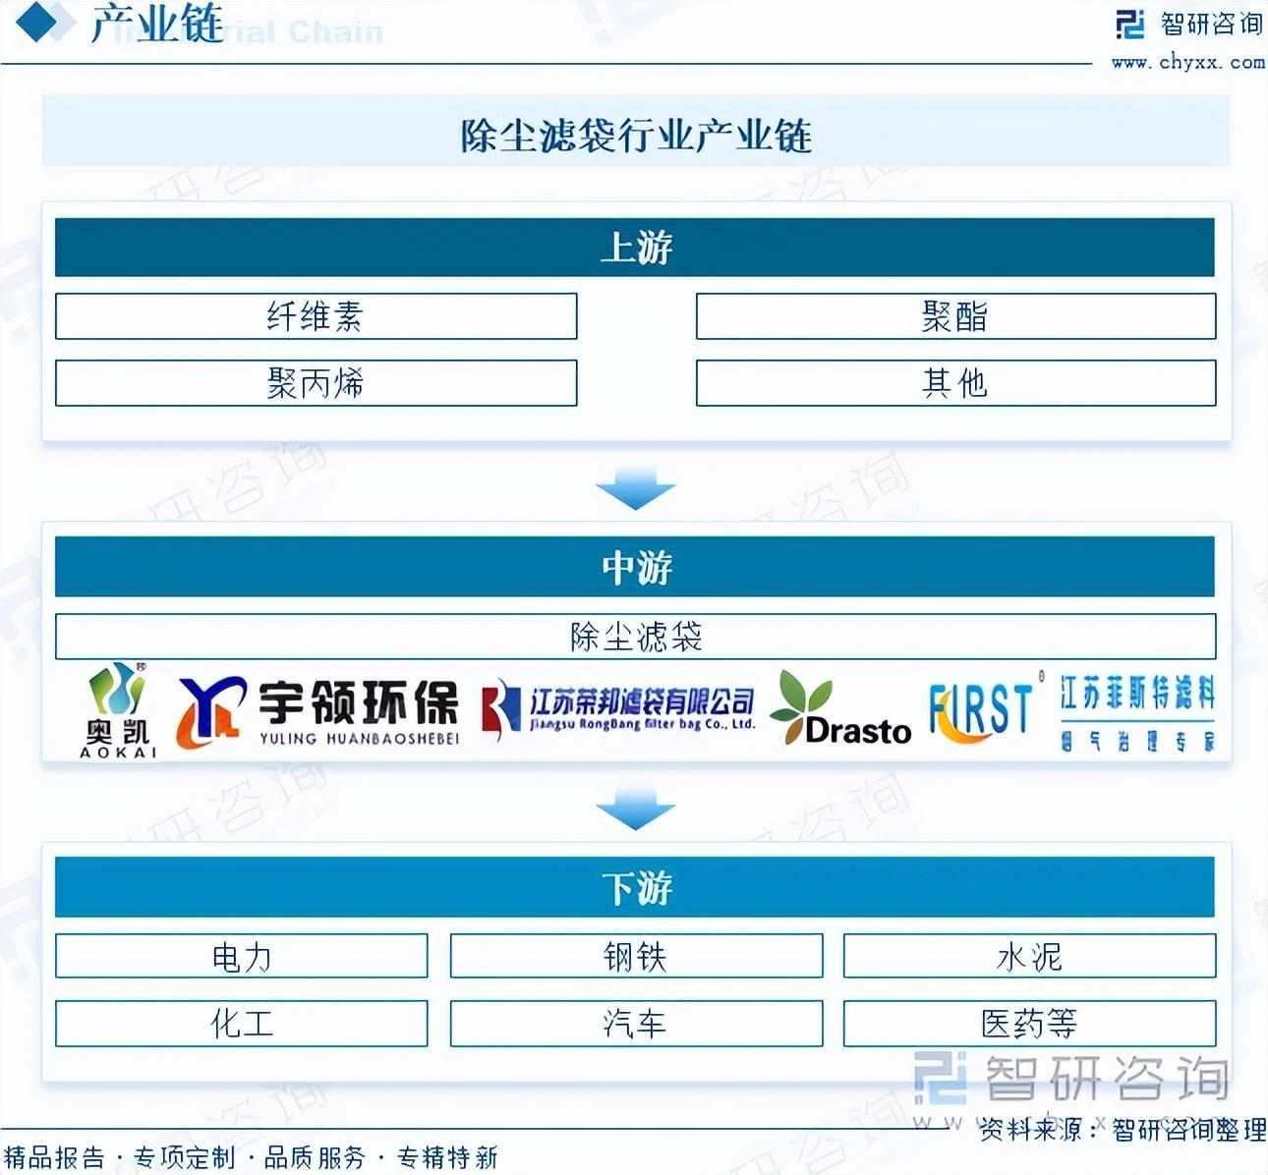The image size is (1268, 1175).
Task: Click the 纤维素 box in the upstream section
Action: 316,316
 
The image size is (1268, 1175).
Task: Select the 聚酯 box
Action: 955,316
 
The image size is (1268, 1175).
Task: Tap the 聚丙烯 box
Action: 316,382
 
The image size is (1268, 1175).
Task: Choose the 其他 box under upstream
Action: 955,382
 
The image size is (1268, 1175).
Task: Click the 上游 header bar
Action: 635,248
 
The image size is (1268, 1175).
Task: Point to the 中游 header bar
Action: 635,567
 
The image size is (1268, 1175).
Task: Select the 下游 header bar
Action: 635,887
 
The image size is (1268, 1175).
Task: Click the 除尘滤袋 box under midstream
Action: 635,637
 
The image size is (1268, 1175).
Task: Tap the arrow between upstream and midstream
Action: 635,487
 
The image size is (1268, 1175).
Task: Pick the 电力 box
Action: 242,956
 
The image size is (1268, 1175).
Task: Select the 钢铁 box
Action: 636,956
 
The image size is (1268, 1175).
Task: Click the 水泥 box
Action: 1029,956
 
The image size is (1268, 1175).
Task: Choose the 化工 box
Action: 242,1024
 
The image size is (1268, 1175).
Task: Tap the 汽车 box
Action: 636,1024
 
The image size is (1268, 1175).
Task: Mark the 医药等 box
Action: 1029,1024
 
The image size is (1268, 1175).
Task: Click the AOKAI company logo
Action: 118,709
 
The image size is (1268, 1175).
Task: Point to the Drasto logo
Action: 840,709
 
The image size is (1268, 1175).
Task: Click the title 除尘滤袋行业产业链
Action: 636,135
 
